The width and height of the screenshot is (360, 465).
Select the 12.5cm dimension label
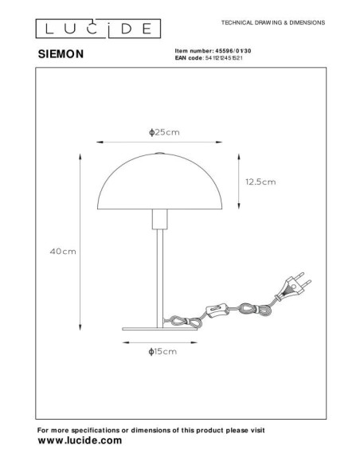click(260, 182)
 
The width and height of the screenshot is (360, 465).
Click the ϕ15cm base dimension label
click(162, 352)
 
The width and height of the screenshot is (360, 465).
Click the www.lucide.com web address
click(80, 440)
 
